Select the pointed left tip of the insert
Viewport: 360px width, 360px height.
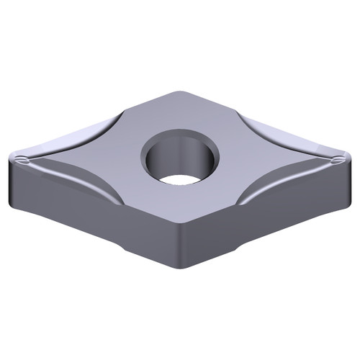tap(14, 159)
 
